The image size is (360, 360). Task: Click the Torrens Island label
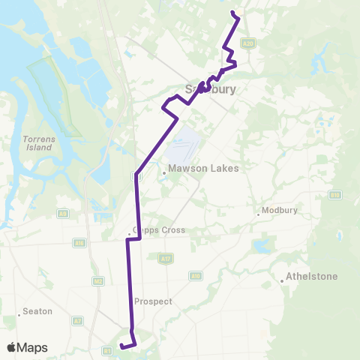pos(37,143)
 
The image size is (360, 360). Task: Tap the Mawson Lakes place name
pos(203,168)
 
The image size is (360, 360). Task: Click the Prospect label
pos(153,301)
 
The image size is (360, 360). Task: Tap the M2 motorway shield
pos(97,281)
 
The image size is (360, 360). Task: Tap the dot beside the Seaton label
pos(19,315)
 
